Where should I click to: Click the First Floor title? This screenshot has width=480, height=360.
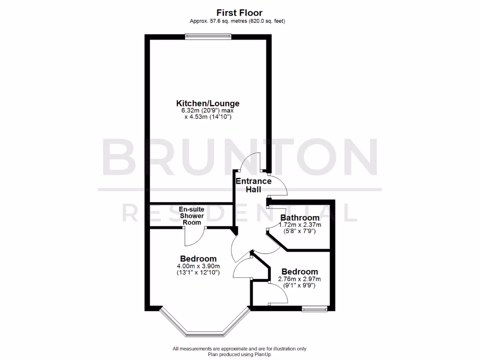point(240,12)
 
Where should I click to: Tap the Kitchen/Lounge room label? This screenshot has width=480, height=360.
point(208,103)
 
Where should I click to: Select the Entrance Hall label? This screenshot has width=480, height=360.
point(253,185)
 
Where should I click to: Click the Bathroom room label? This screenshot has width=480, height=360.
point(300,217)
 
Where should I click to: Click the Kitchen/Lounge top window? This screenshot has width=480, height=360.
point(208,36)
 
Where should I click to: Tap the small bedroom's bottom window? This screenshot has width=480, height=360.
point(314,308)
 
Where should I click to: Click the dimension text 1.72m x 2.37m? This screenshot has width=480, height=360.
point(300,225)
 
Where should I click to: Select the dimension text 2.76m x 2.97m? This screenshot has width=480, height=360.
point(299,279)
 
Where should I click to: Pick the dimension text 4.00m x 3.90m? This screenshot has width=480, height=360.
point(198,266)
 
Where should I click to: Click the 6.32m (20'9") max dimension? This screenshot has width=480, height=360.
point(208,111)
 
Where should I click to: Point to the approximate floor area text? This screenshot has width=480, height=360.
point(237,21)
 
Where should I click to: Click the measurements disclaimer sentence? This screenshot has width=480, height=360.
point(240,349)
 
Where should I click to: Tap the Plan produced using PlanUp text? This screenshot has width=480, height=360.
point(240,354)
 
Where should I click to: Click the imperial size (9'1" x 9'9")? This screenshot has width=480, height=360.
point(299,285)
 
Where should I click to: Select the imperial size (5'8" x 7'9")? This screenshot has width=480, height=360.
point(300,231)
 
